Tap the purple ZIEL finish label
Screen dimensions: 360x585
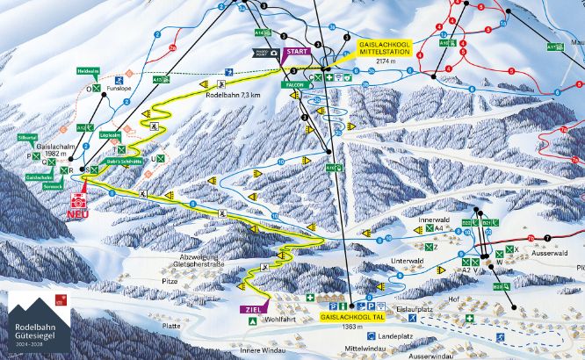click(x=249, y=308)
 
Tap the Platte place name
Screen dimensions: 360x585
click(x=170, y=325)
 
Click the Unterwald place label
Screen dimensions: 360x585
click(x=408, y=261)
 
